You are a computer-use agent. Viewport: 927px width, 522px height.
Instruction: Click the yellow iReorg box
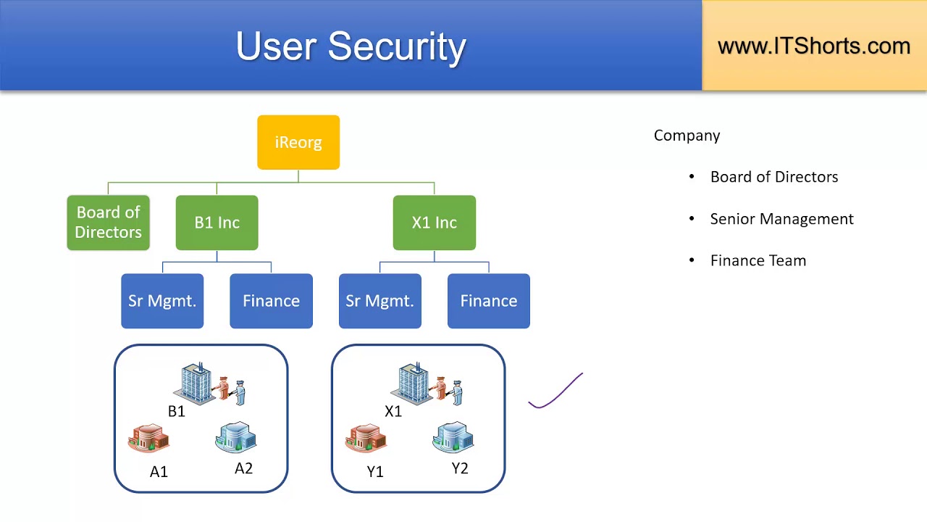pyautogui.click(x=298, y=142)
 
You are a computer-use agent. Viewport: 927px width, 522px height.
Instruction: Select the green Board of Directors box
pyautogui.click(x=108, y=223)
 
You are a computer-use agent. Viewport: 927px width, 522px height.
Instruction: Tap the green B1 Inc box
pyautogui.click(x=217, y=223)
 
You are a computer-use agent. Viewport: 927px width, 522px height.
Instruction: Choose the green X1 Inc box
pyautogui.click(x=434, y=223)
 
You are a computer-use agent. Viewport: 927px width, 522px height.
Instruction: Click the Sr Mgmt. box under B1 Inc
pyautogui.click(x=162, y=301)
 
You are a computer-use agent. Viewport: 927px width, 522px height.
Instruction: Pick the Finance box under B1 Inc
pyautogui.click(x=271, y=301)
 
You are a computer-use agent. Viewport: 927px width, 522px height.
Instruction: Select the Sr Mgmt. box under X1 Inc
pyautogui.click(x=379, y=301)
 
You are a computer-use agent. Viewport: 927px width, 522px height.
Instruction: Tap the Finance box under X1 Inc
pyautogui.click(x=488, y=301)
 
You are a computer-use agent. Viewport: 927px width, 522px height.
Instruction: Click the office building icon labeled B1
pyautogui.click(x=198, y=384)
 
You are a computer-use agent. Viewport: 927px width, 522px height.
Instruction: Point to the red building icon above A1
pyautogui.click(x=148, y=439)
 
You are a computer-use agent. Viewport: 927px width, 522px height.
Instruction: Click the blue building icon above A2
pyautogui.click(x=235, y=437)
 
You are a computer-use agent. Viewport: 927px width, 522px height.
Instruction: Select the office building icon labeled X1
pyautogui.click(x=416, y=384)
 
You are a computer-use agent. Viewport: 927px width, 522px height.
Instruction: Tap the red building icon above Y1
pyautogui.click(x=366, y=439)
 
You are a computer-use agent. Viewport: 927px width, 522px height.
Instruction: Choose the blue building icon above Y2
pyautogui.click(x=453, y=437)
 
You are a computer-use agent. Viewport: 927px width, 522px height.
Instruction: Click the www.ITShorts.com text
pyautogui.click(x=813, y=46)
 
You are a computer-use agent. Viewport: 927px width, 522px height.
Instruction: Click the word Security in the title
pyautogui.click(x=396, y=46)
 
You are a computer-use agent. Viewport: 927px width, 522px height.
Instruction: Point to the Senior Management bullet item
pyautogui.click(x=781, y=219)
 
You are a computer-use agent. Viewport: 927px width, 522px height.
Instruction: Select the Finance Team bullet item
pyautogui.click(x=758, y=261)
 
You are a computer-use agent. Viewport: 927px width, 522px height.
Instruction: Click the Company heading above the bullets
pyautogui.click(x=687, y=136)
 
